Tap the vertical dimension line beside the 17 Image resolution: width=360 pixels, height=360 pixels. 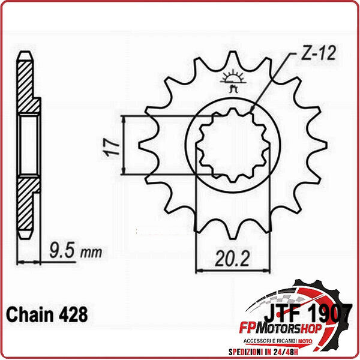124,145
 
